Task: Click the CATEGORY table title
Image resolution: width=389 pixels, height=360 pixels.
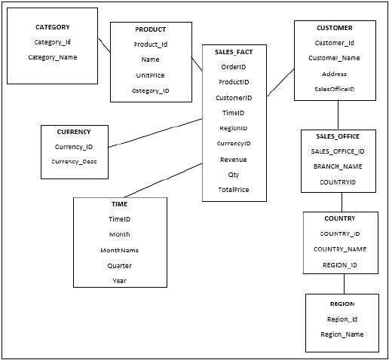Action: pyautogui.click(x=52, y=27)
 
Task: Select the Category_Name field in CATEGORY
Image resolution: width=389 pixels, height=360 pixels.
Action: pyautogui.click(x=52, y=57)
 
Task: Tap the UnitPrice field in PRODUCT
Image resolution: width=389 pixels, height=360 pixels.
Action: pyautogui.click(x=150, y=75)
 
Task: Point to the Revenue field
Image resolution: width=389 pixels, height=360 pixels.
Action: pyautogui.click(x=234, y=159)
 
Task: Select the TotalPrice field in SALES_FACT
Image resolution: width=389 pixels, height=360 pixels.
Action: pyautogui.click(x=234, y=189)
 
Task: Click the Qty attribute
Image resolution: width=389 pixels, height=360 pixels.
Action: pyautogui.click(x=234, y=174)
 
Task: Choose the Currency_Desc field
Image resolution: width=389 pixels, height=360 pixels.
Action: pyautogui.click(x=74, y=161)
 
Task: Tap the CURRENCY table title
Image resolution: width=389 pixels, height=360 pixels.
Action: pyautogui.click(x=74, y=132)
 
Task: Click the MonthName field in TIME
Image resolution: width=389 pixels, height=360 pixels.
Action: pyautogui.click(x=119, y=250)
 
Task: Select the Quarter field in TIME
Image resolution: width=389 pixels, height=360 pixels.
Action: pyautogui.click(x=119, y=265)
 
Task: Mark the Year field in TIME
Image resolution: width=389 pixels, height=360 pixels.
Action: pyautogui.click(x=119, y=280)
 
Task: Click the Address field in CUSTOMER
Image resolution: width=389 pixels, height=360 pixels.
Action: pyautogui.click(x=334, y=74)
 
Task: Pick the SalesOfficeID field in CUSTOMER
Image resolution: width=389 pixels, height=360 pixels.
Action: pyautogui.click(x=334, y=89)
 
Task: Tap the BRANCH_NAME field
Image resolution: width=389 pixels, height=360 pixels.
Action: pyautogui.click(x=338, y=166)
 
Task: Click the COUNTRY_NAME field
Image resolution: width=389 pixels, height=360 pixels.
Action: pyautogui.click(x=340, y=249)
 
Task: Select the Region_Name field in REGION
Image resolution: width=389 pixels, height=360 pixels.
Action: pyautogui.click(x=342, y=334)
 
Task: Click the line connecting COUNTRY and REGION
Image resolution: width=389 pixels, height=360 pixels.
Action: pyautogui.click(x=345, y=283)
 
